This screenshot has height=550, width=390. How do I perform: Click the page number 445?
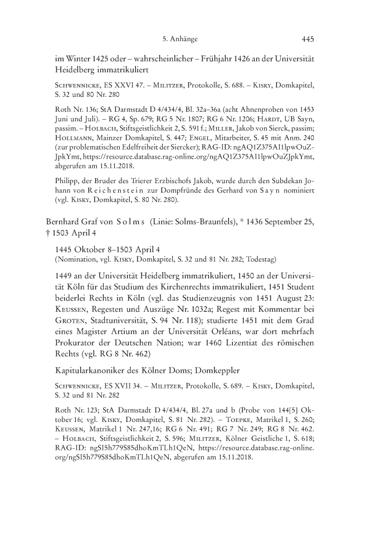pos(308,39)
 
